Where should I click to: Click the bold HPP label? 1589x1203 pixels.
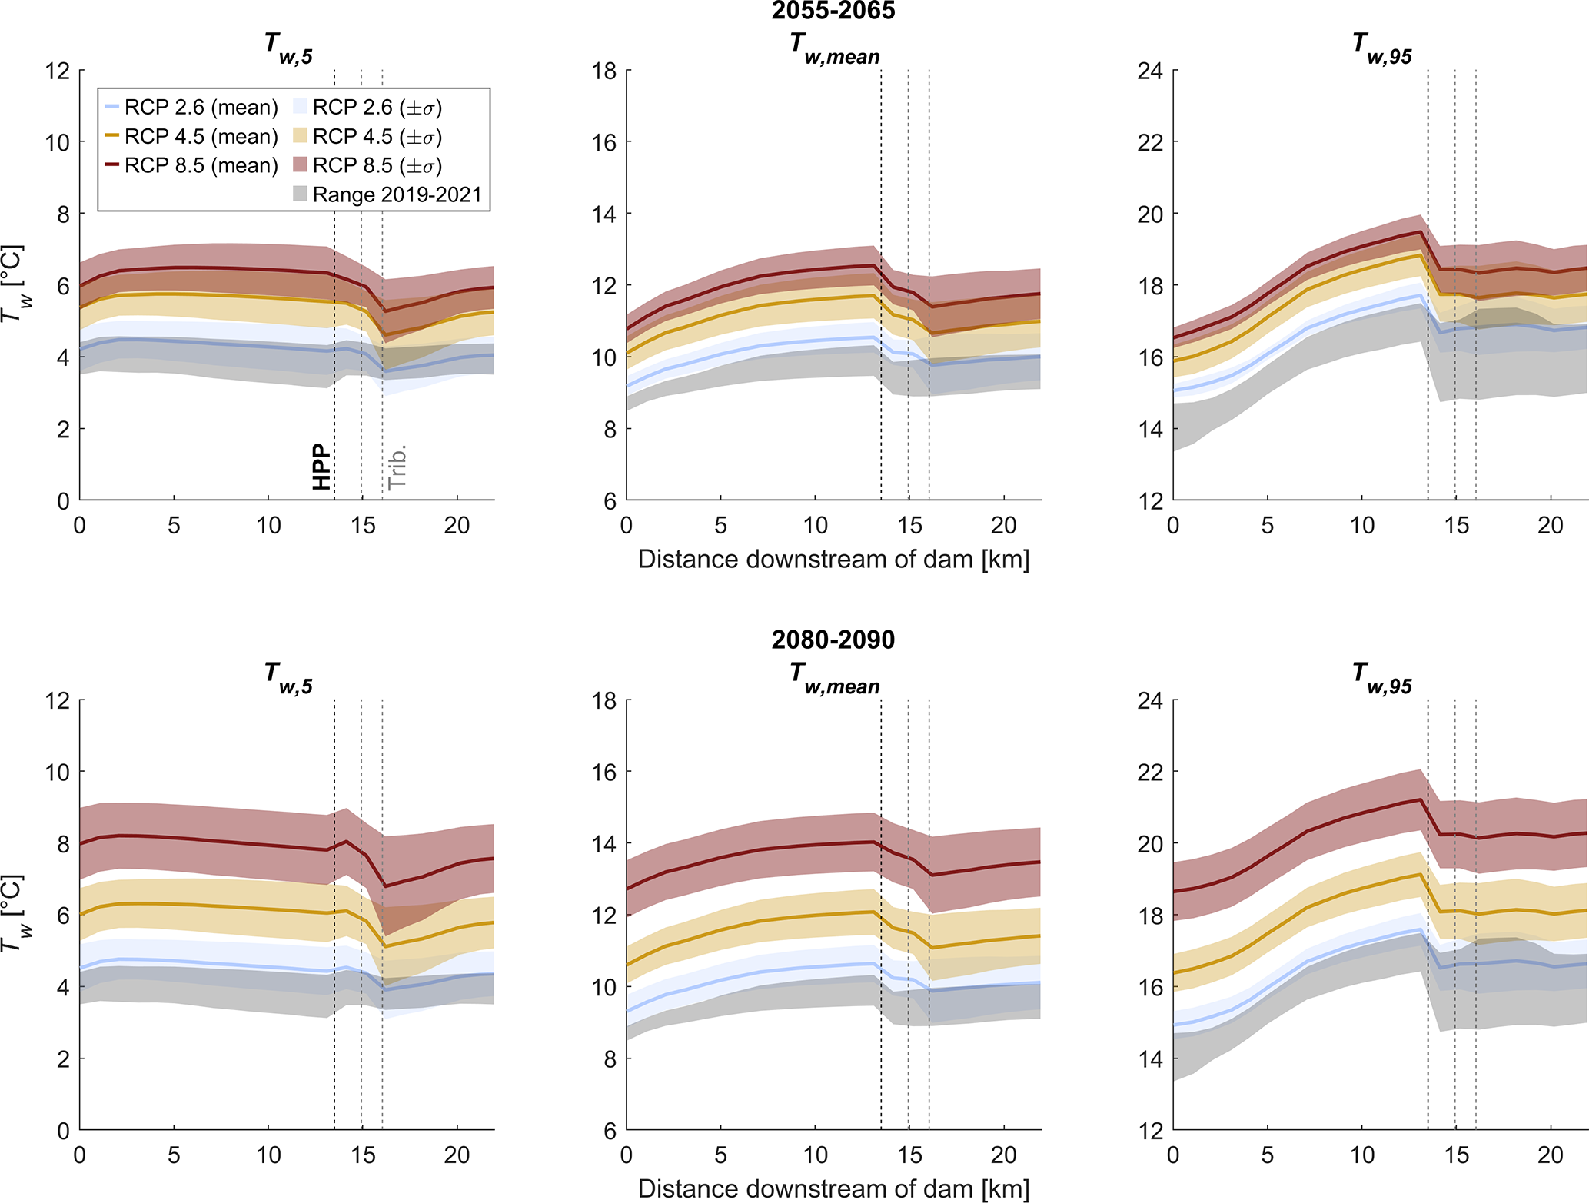pos(321,467)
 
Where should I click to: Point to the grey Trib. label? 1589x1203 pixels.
pos(397,467)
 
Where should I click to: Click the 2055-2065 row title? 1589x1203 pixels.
pos(833,11)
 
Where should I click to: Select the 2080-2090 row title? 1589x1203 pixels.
pos(833,640)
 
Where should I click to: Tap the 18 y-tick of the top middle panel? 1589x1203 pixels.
pos(604,71)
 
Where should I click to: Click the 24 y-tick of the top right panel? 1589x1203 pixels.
pos(1150,71)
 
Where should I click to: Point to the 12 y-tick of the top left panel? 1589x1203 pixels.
pos(58,71)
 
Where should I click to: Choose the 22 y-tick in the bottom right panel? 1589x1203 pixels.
pos(1150,773)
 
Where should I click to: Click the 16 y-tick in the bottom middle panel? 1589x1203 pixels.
pos(604,773)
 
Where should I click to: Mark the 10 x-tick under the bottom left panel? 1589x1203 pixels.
pos(268,1155)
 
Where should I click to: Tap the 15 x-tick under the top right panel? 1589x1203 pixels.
pos(1456,526)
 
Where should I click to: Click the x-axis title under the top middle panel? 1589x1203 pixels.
pos(833,560)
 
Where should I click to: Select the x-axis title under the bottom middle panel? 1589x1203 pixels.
pos(833,1188)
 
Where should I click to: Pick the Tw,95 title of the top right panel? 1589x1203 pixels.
pos(1382,48)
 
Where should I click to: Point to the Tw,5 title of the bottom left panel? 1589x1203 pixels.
pos(288,677)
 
